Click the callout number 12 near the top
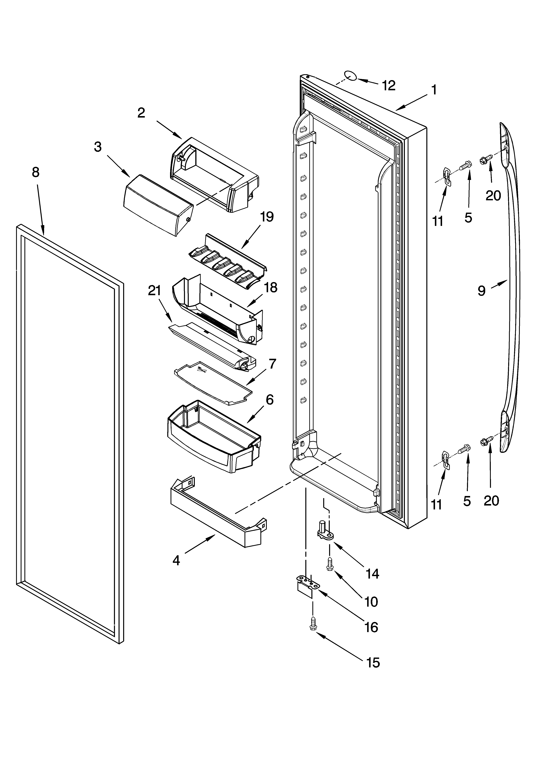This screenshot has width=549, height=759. click(x=388, y=86)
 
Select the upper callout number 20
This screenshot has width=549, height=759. click(x=493, y=195)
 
